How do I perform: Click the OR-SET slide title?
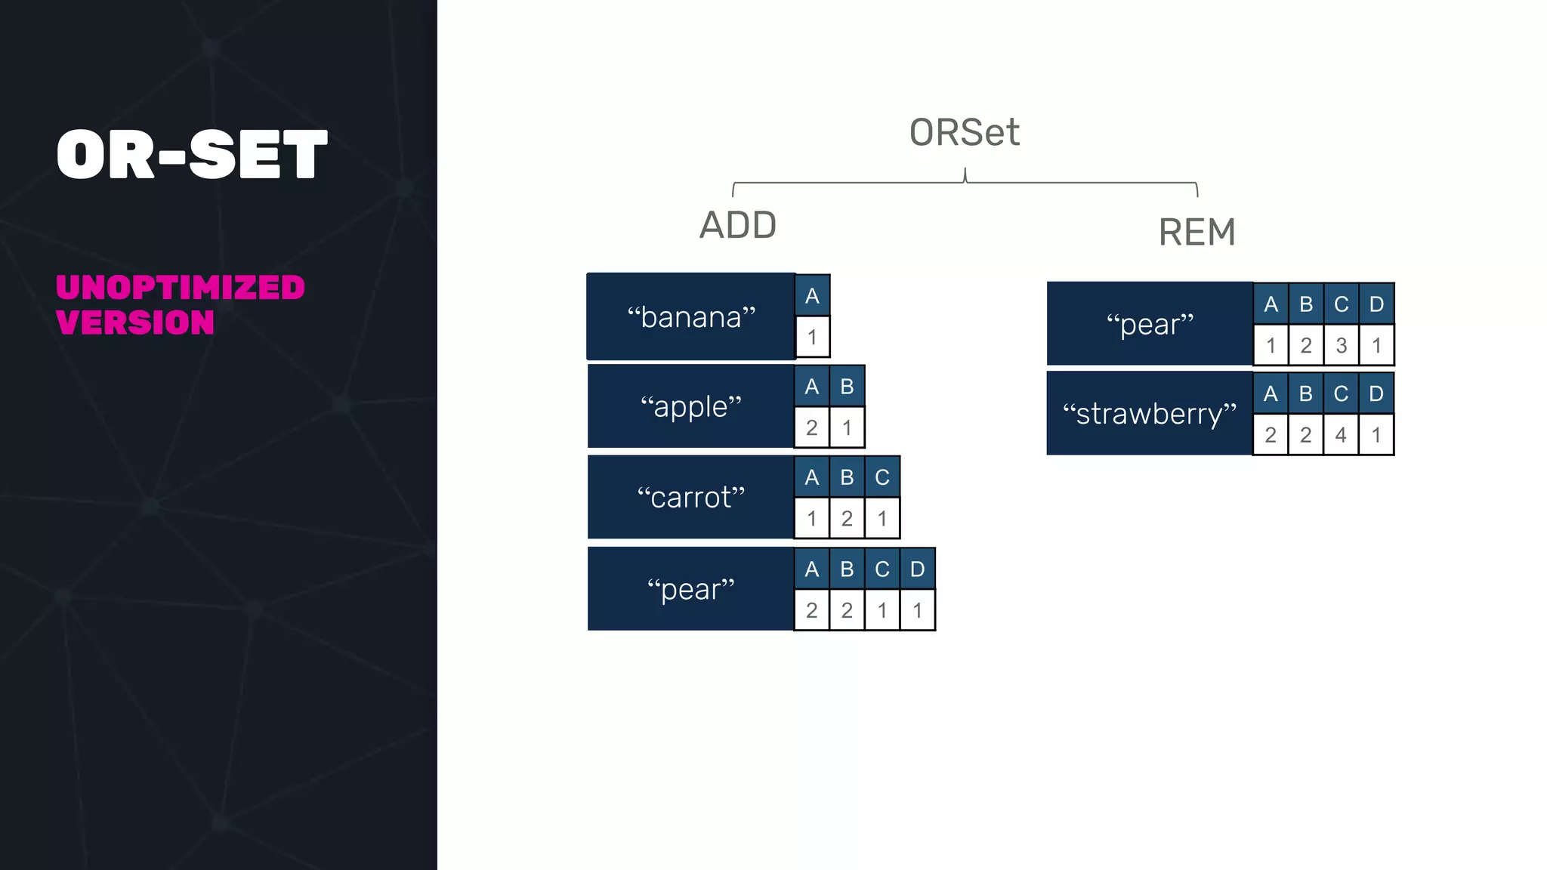(192, 154)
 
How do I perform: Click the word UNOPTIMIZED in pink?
(180, 288)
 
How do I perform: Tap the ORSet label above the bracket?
(964, 133)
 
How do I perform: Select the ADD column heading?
(737, 225)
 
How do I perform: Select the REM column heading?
(1197, 232)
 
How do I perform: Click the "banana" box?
(690, 317)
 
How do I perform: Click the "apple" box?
(690, 407)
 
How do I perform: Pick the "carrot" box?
(690, 498)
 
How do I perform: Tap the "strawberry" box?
(1149, 414)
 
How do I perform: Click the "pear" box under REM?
(1149, 324)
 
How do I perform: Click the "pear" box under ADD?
(690, 589)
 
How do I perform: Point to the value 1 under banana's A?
(812, 337)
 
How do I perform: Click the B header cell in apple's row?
(847, 387)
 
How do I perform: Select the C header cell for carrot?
(882, 477)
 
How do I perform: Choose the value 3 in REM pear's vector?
(1341, 346)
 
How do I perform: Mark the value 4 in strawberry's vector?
(1341, 435)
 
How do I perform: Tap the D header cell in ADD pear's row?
(917, 569)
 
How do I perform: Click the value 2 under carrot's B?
(847, 519)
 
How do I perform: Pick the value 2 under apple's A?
(812, 428)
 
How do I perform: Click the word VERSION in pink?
(135, 323)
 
